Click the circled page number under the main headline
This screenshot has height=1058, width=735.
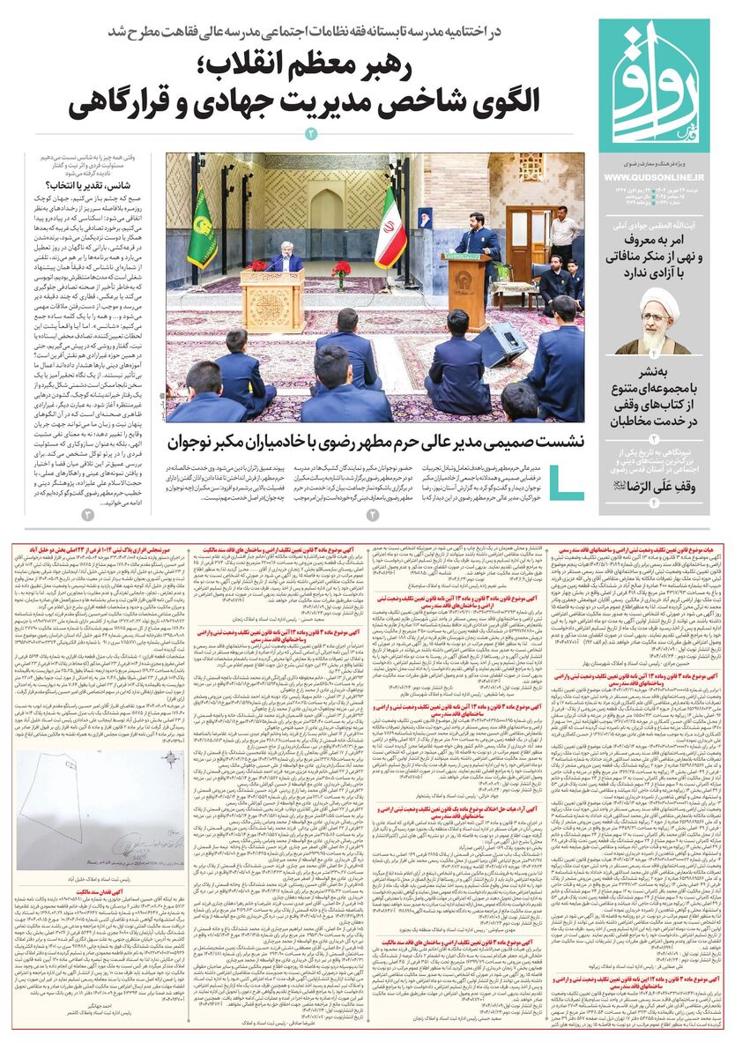click(310, 133)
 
